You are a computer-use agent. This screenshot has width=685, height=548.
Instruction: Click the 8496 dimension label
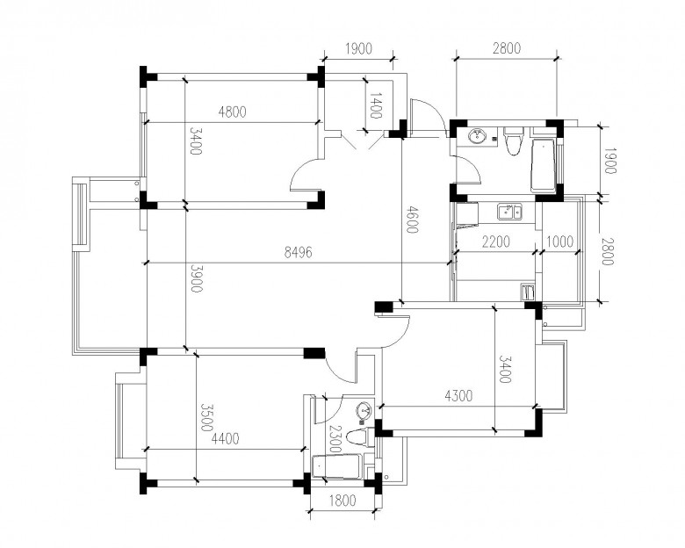(x=299, y=252)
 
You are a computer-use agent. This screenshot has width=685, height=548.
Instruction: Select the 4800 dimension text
(x=233, y=112)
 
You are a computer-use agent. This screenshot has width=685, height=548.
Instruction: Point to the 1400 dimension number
(x=376, y=105)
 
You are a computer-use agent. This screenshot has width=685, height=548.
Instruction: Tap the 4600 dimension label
(x=412, y=220)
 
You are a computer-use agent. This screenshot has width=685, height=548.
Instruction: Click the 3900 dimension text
(x=196, y=278)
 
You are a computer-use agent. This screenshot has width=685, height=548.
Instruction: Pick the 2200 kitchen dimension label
(x=496, y=242)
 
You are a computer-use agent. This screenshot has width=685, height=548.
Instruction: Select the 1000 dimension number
(x=559, y=242)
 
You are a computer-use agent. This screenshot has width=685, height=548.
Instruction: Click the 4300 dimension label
(x=458, y=396)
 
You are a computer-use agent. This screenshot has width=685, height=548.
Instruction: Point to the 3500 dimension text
(x=206, y=417)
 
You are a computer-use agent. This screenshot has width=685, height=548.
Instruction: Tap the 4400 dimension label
(x=226, y=438)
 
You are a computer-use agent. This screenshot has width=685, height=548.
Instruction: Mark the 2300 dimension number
(x=335, y=439)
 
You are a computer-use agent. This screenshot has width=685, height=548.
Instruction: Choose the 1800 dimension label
(x=342, y=501)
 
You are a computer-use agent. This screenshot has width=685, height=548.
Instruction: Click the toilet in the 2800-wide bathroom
(x=513, y=141)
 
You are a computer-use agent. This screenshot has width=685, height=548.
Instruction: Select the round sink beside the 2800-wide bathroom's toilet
(x=477, y=136)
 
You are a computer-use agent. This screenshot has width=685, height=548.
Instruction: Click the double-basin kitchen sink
(x=510, y=212)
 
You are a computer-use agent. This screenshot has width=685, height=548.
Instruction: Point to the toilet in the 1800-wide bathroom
(x=359, y=437)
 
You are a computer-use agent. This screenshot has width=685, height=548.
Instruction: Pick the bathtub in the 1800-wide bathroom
(x=338, y=467)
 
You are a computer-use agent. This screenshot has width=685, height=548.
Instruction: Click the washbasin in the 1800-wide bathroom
(x=364, y=410)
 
